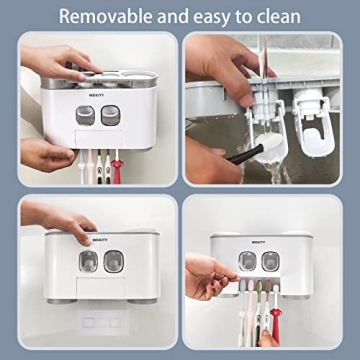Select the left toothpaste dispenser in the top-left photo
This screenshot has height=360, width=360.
(85, 114)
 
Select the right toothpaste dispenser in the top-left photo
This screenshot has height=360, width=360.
(116, 114)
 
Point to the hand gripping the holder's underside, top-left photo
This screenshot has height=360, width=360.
(45, 152)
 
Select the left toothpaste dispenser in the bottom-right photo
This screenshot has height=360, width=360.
(245, 262)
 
